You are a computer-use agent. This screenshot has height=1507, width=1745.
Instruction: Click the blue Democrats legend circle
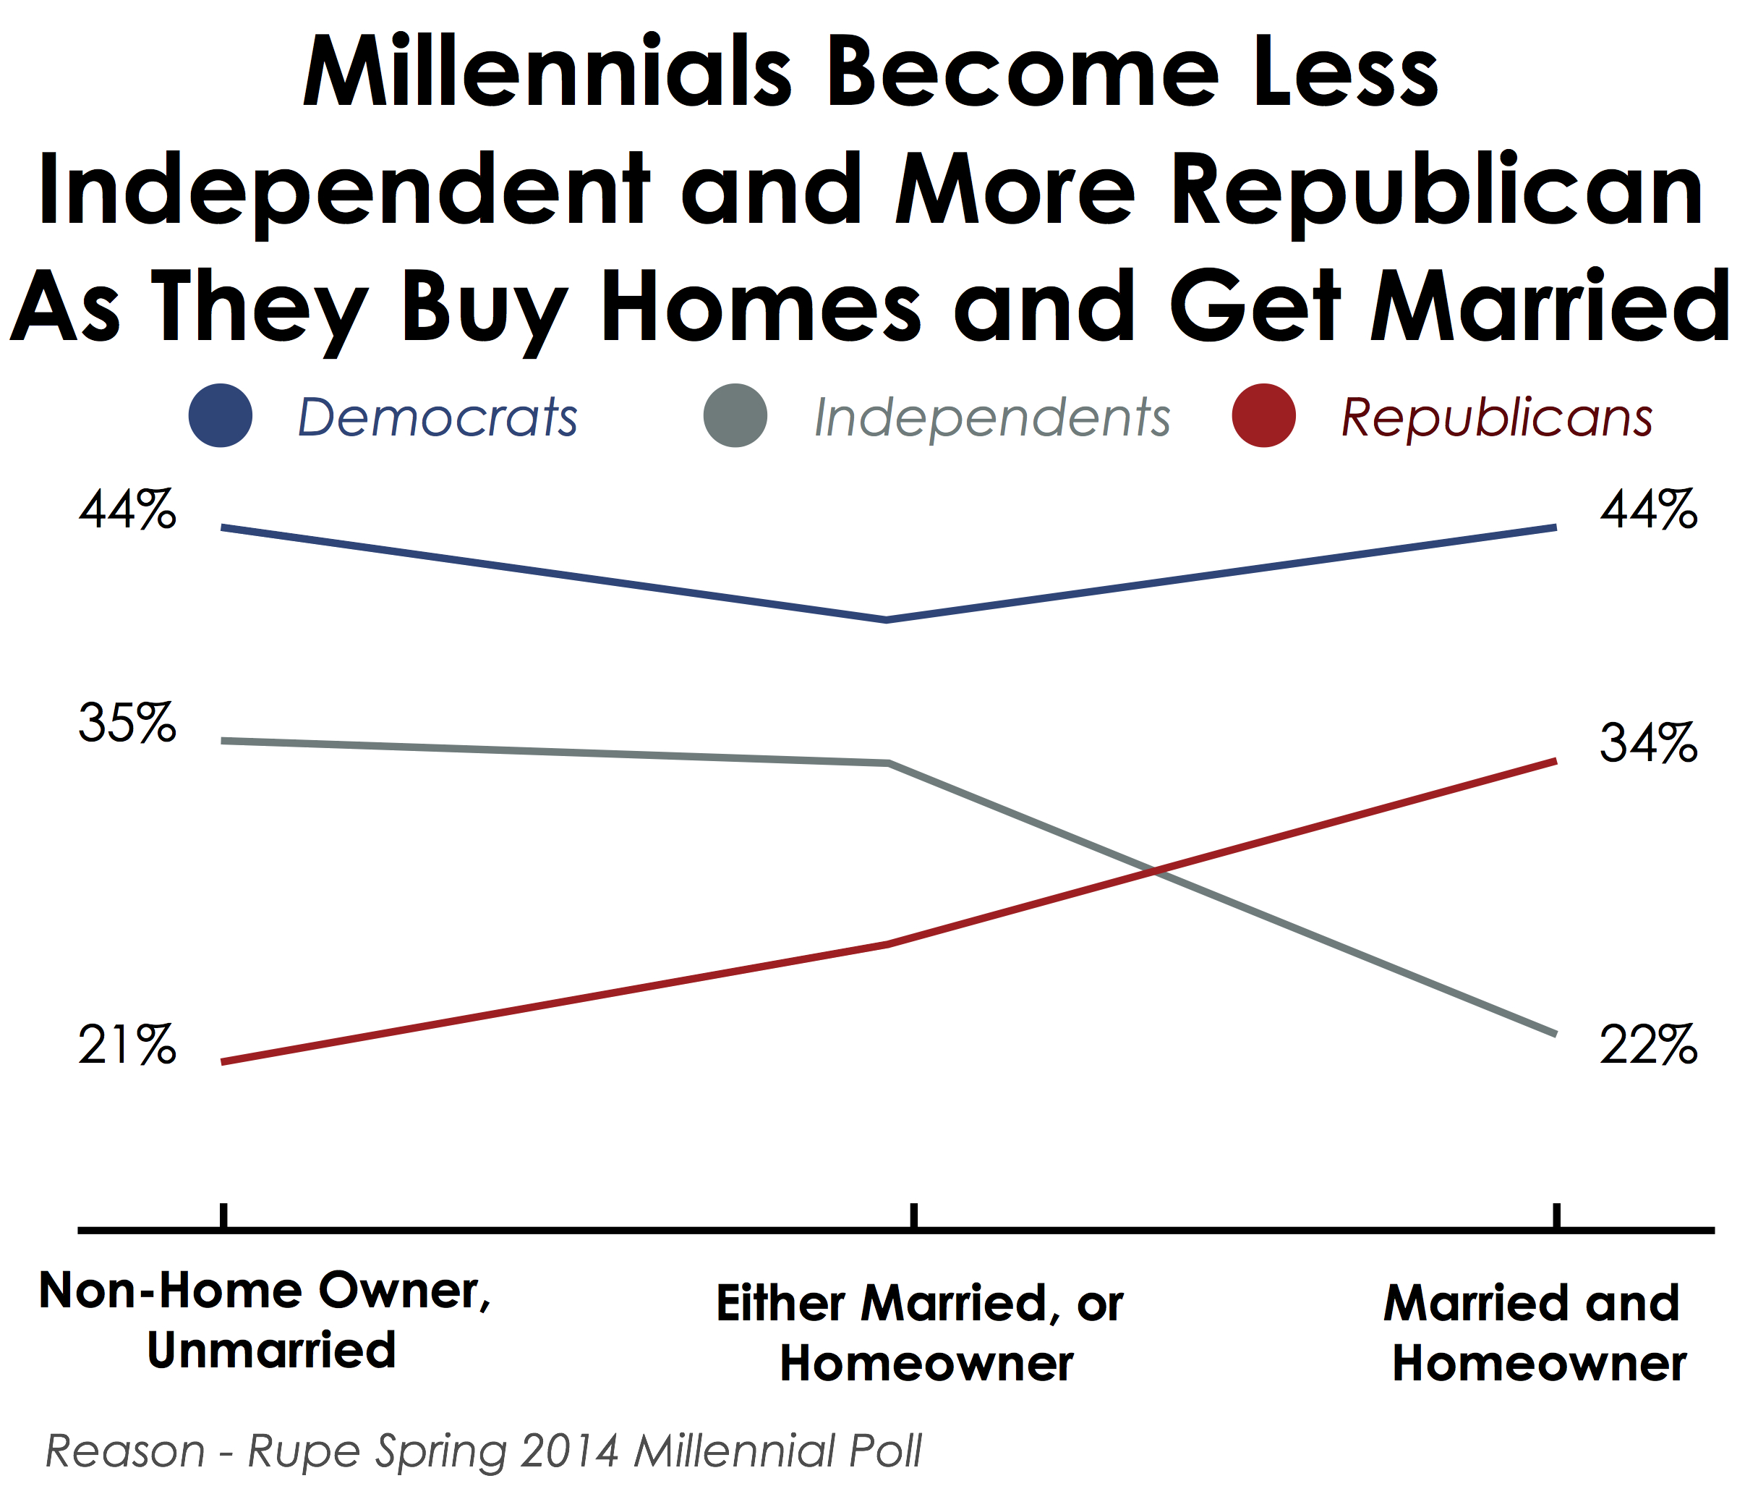(221, 415)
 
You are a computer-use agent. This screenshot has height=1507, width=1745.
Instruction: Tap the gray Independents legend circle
(735, 415)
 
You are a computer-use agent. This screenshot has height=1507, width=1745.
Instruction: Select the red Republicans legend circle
(1263, 415)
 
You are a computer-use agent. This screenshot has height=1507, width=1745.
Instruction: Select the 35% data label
(127, 723)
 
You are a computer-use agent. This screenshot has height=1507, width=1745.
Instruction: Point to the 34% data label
(1648, 743)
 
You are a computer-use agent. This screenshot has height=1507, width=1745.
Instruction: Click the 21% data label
(127, 1045)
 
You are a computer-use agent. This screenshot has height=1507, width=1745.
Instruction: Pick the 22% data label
(1648, 1045)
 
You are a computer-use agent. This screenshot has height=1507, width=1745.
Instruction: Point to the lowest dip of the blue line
(887, 620)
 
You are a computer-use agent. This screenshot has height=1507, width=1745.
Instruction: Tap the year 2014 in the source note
(569, 1451)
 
